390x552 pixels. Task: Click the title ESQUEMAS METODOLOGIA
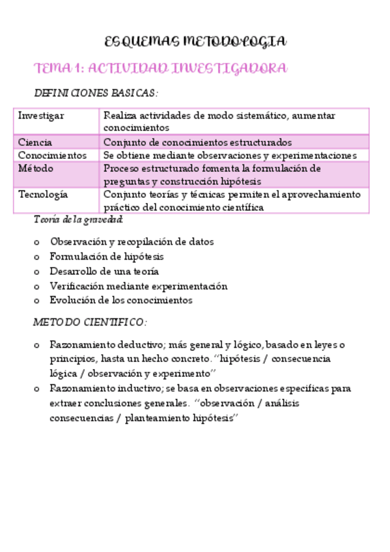point(195,43)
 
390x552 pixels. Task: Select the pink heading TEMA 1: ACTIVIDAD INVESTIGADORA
point(160,68)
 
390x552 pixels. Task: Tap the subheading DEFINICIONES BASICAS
point(96,94)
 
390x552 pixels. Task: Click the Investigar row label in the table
point(41,116)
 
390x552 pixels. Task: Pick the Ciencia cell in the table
point(36,142)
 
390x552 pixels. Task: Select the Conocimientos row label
point(52,156)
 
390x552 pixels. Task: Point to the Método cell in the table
point(36,169)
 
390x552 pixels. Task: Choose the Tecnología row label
point(43,195)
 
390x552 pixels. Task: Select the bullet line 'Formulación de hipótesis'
point(107,256)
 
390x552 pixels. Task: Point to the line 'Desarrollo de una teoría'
point(104,271)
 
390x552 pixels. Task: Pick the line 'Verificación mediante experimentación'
point(139,286)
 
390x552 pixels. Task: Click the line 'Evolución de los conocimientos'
point(121,300)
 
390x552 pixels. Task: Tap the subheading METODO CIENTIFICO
point(91,322)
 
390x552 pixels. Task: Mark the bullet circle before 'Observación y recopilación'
point(36,242)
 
